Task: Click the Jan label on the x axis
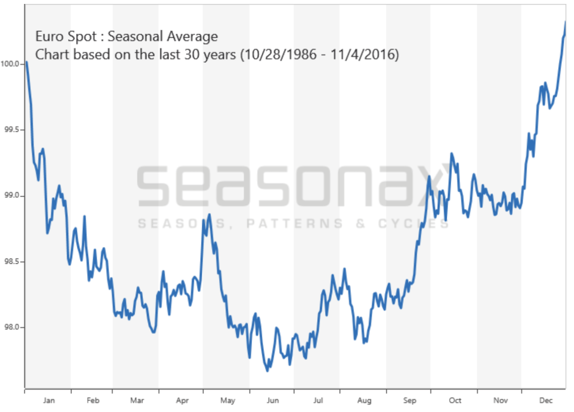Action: click(x=48, y=400)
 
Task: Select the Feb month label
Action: click(x=92, y=400)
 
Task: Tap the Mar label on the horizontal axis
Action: click(x=137, y=400)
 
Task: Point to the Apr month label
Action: click(x=182, y=400)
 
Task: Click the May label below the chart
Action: click(x=227, y=400)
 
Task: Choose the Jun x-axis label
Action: click(x=272, y=400)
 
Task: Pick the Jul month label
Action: click(x=318, y=400)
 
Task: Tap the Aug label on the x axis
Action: click(x=364, y=400)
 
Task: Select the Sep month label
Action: click(x=409, y=400)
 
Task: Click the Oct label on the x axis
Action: click(x=455, y=400)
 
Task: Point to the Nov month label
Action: click(x=501, y=400)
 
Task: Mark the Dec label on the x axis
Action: click(x=545, y=400)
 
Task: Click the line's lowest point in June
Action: click(x=267, y=371)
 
